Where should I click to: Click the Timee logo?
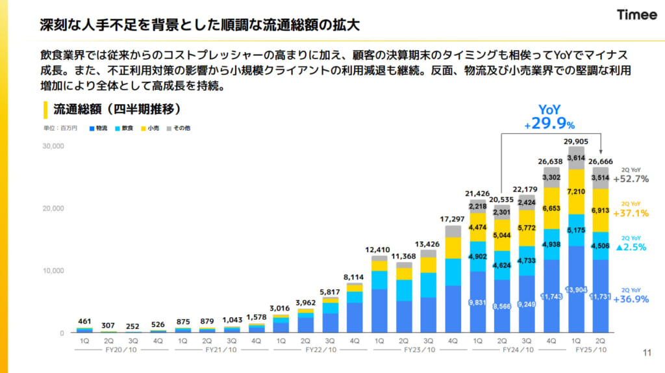tap(636, 15)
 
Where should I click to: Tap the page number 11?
tap(646, 353)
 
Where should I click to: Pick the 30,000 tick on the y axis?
tap(53, 146)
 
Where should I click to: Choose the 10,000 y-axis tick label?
tap(53, 270)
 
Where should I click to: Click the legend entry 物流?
tap(99, 129)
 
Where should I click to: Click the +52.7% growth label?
tap(631, 179)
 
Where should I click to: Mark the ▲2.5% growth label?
tap(631, 248)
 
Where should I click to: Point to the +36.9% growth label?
tap(631, 299)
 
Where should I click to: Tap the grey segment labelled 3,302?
tap(551, 177)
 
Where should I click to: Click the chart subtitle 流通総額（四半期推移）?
tap(116, 108)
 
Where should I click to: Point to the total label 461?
tap(84, 321)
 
